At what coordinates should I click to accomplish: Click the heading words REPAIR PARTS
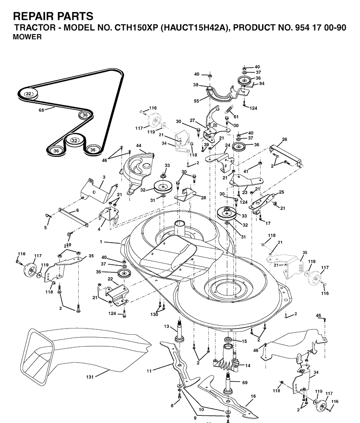[x=53, y=16]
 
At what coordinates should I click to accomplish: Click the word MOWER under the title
[x=27, y=37]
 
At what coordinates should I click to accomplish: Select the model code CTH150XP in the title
[x=136, y=28]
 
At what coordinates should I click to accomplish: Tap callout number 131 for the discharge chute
[x=90, y=377]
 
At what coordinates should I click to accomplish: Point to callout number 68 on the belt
[x=41, y=110]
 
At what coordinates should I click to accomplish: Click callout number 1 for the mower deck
[x=101, y=242]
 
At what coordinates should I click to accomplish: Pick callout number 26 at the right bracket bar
[x=285, y=140]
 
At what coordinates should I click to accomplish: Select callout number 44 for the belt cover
[x=139, y=146]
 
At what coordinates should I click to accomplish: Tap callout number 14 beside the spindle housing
[x=248, y=365]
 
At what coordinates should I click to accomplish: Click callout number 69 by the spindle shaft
[x=245, y=383]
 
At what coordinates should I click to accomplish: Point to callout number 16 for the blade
[x=253, y=396]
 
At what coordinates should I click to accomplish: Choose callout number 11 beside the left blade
[x=149, y=371]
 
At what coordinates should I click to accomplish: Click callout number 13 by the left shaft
[x=167, y=327]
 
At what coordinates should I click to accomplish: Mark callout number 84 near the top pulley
[x=262, y=83]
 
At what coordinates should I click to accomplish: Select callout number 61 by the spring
[x=236, y=117]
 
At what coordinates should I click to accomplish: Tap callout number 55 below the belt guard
[x=196, y=101]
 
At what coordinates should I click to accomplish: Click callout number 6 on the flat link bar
[x=77, y=211]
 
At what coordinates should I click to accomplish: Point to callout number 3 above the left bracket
[x=104, y=177]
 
